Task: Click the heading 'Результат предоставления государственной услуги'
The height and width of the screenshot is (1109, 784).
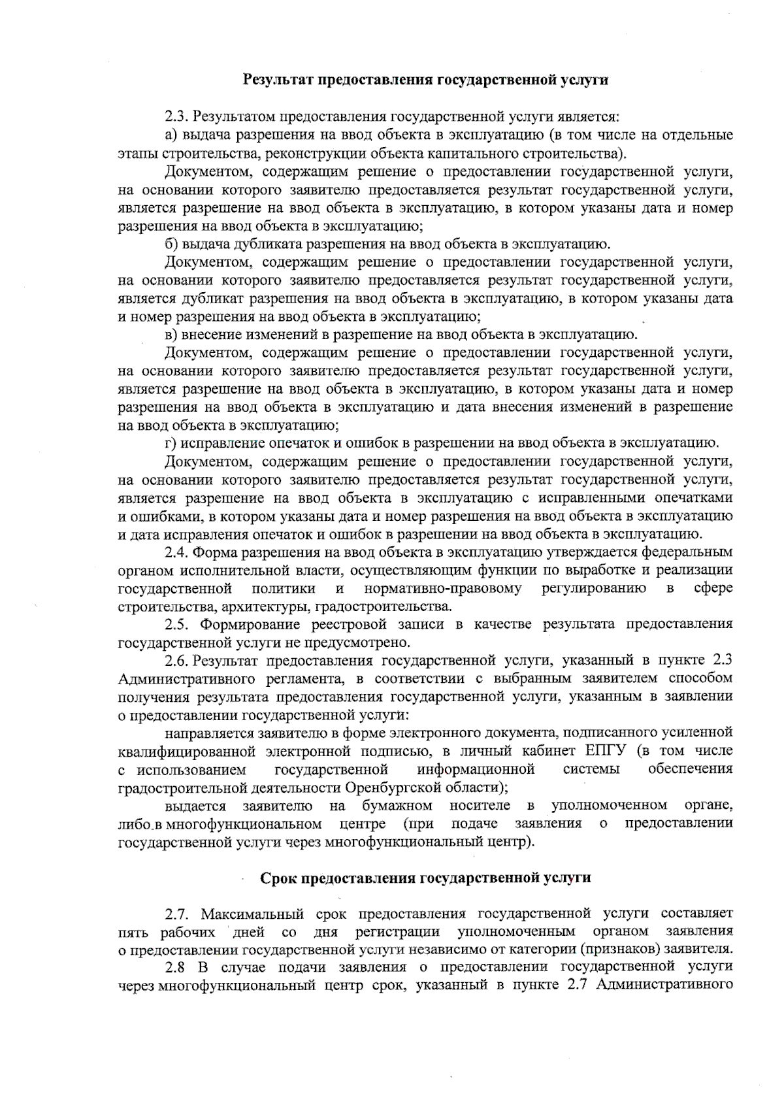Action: [425, 80]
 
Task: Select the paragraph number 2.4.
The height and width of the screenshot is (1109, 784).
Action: [176, 552]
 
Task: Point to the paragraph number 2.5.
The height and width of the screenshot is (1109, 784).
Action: [176, 624]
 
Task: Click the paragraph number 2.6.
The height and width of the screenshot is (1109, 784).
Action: [176, 660]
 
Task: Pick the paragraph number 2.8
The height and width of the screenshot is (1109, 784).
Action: [175, 967]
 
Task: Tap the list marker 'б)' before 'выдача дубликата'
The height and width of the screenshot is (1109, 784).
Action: [172, 244]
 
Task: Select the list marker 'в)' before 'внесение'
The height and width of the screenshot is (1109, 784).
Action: [171, 335]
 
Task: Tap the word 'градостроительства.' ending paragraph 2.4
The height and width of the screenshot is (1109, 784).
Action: [398, 606]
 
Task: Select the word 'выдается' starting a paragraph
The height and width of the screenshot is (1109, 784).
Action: [195, 804]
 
